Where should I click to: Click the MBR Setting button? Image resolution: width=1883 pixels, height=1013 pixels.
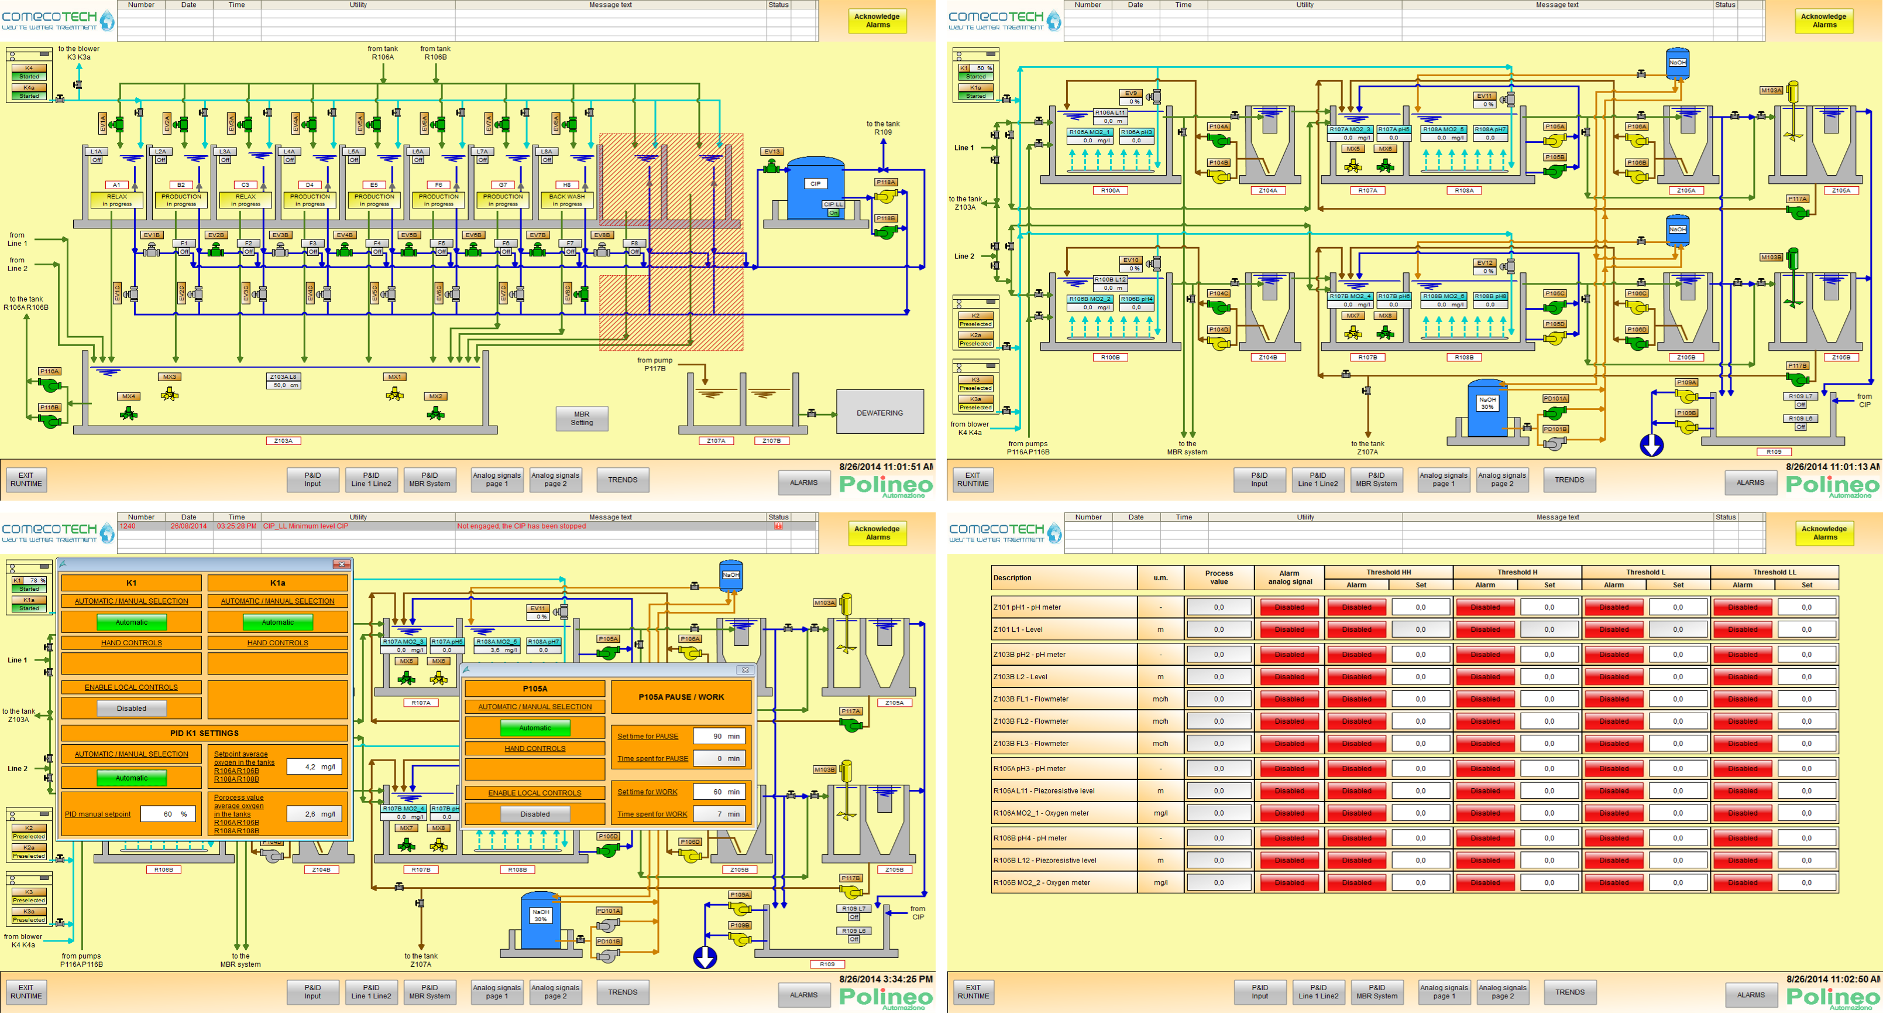581,418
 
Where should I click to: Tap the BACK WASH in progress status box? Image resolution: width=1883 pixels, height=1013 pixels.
566,200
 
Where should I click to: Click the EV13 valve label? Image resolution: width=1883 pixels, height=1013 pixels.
772,152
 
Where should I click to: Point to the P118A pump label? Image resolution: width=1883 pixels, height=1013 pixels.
885,182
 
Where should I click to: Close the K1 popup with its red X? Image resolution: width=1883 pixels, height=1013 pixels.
341,564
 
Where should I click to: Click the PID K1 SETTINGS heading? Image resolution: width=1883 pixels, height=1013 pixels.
204,733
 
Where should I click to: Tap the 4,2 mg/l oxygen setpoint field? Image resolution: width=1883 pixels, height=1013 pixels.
314,766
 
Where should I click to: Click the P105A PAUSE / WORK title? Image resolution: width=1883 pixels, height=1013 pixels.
681,697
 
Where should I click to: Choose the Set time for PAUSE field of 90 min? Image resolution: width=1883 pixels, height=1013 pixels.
719,737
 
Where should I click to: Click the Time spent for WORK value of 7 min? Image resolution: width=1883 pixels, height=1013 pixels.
719,814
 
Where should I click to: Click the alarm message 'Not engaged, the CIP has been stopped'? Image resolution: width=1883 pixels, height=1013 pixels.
521,526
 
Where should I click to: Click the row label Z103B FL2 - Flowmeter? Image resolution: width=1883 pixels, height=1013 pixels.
1030,721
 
